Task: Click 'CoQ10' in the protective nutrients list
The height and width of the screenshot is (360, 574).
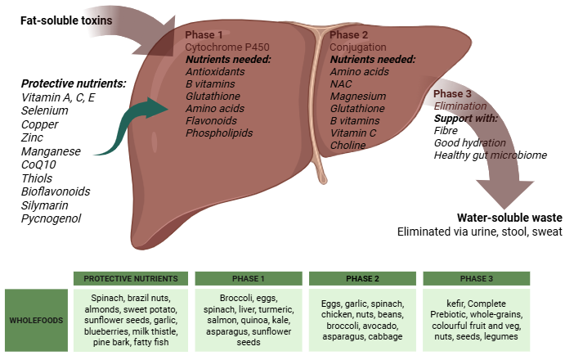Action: tap(38, 164)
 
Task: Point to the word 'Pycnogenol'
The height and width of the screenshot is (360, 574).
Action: tap(51, 218)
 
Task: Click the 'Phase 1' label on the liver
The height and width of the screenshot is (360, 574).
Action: tap(204, 35)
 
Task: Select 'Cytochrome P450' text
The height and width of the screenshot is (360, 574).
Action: tap(226, 47)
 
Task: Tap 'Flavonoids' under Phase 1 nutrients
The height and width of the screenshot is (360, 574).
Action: tap(212, 120)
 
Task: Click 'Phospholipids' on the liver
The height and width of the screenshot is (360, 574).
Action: tap(219, 133)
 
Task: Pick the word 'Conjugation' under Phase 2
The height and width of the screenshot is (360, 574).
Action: tap(357, 47)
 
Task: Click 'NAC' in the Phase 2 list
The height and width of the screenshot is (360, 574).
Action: tap(341, 84)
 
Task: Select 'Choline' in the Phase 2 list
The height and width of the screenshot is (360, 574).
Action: tap(348, 145)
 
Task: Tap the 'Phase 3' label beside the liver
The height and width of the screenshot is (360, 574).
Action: tap(453, 93)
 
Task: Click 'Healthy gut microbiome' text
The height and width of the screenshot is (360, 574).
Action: tap(491, 155)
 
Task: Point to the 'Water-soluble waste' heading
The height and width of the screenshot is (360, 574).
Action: tap(510, 218)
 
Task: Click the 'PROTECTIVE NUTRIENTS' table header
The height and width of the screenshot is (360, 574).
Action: tap(131, 278)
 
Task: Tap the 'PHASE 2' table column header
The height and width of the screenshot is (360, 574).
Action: tap(362, 278)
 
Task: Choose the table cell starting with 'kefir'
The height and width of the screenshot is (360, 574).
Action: tap(477, 320)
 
